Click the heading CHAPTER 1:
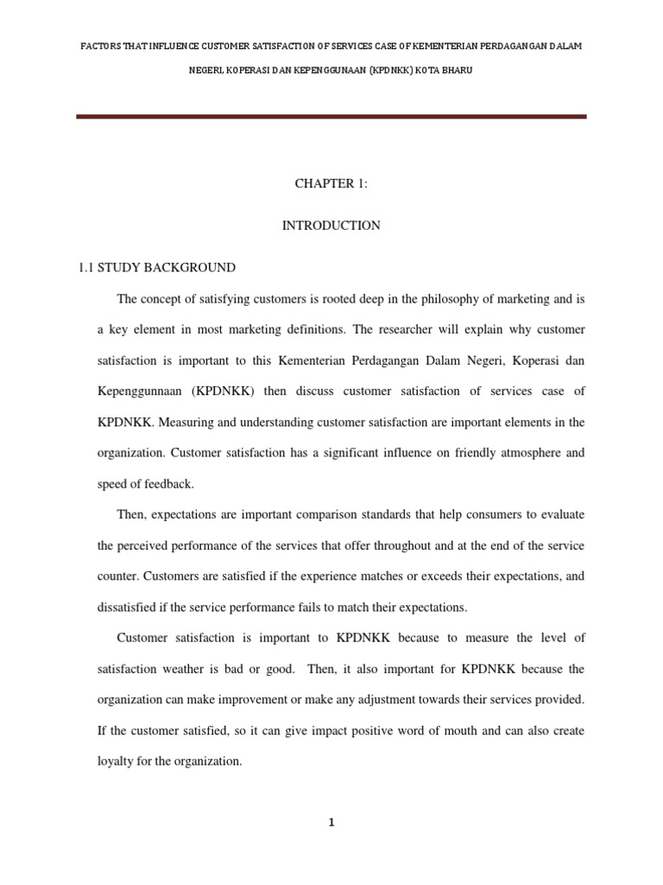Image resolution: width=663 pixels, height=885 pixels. [x=331, y=184]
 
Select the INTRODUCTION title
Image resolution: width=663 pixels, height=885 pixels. [x=331, y=226]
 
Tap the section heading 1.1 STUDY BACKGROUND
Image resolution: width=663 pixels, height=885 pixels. [x=157, y=268]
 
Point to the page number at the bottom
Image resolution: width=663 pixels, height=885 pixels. [x=331, y=823]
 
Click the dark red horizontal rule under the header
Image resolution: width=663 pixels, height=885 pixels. [x=331, y=117]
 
